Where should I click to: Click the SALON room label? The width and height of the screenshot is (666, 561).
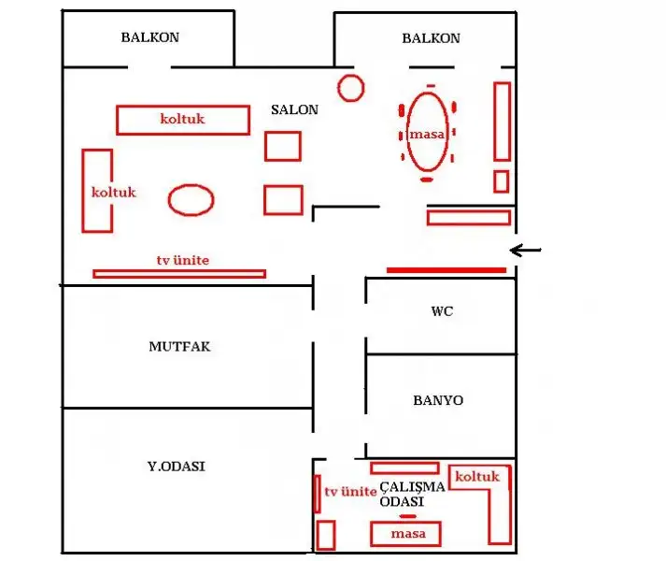[x=295, y=109]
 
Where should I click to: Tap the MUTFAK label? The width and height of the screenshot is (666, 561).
[x=179, y=347]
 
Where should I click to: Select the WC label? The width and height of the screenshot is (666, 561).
[x=442, y=311]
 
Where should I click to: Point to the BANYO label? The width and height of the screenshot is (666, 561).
[x=438, y=400]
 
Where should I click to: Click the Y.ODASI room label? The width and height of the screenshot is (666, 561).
[x=177, y=467]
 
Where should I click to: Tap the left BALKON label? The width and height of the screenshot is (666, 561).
[x=150, y=37]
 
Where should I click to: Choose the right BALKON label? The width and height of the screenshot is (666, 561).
[x=432, y=38]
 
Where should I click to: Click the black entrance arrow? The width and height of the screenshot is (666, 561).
[x=525, y=251]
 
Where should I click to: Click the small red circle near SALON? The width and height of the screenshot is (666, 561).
[x=351, y=76]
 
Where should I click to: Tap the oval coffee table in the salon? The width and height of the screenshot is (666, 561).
[x=191, y=185]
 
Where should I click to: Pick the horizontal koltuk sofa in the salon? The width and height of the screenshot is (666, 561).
[x=183, y=107]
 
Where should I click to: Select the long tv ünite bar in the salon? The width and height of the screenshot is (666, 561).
[x=179, y=274]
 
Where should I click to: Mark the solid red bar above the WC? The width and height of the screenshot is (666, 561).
[x=446, y=270]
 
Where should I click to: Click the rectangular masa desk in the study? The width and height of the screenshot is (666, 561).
[x=405, y=524]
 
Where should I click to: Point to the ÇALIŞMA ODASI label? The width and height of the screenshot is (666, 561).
[x=412, y=495]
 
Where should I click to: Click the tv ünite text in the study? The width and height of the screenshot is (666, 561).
[x=350, y=492]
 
